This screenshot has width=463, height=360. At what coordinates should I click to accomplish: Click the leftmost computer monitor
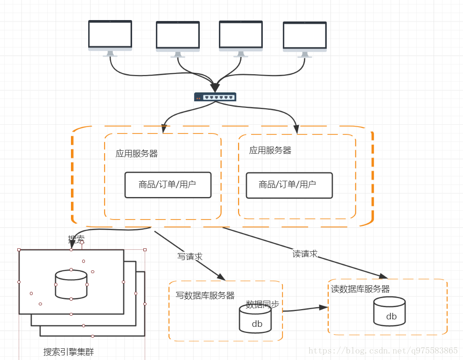(110, 35)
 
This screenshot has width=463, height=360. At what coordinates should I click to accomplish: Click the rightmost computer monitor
(304, 36)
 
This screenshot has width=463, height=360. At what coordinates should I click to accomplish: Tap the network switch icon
(215, 97)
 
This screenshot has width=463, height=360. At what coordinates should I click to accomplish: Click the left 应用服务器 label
(137, 154)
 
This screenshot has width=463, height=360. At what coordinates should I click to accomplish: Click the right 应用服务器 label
(270, 150)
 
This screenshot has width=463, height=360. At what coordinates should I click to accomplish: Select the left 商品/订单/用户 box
(168, 184)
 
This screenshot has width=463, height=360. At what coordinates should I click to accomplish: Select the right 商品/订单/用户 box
(289, 185)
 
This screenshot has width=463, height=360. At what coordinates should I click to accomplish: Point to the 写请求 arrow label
(190, 256)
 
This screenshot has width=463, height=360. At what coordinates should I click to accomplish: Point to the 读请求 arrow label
(305, 254)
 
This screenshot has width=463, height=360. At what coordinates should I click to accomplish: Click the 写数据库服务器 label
(205, 296)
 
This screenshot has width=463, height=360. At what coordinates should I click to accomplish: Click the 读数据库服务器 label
(360, 289)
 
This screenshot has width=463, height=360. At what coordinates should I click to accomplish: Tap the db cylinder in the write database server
(255, 319)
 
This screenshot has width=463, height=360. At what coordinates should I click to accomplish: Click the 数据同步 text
(262, 304)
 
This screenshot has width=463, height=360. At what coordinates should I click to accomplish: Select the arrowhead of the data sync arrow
(323, 307)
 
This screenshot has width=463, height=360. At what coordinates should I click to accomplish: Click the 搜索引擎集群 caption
(69, 352)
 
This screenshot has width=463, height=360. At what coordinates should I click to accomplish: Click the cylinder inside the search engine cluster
(71, 284)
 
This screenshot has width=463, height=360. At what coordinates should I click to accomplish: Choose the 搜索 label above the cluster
(76, 240)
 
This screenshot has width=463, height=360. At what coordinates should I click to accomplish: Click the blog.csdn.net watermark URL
(383, 350)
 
